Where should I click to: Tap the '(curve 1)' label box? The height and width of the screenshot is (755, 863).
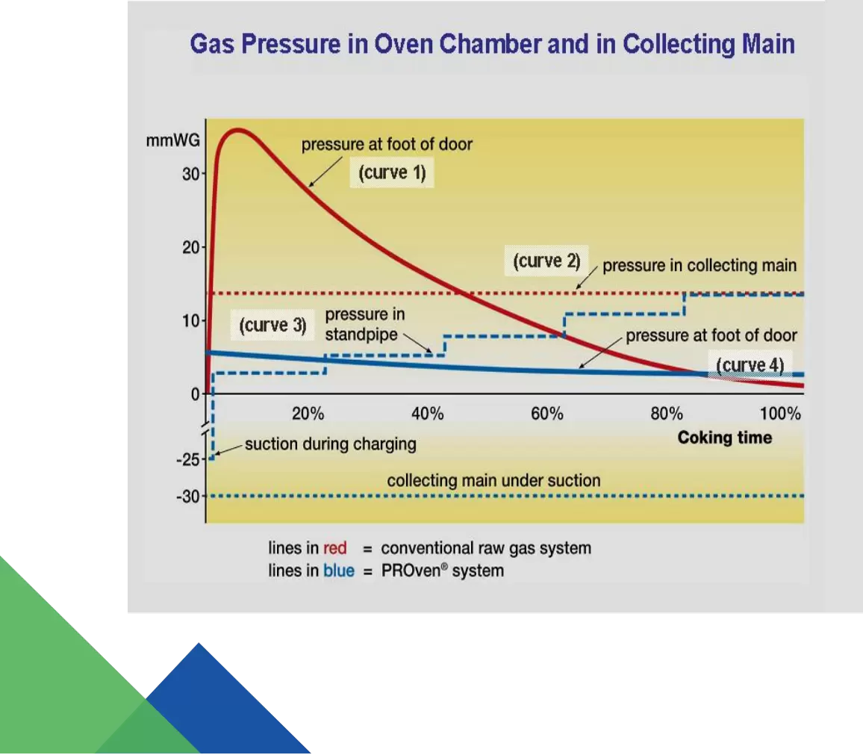tap(392, 173)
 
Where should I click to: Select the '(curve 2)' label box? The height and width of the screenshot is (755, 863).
tap(546, 261)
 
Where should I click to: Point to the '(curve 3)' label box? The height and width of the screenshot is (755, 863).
tap(272, 325)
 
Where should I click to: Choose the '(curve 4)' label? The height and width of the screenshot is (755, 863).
tap(750, 365)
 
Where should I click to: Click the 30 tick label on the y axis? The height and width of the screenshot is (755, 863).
tap(191, 174)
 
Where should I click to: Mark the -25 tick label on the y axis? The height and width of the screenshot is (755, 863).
tap(188, 459)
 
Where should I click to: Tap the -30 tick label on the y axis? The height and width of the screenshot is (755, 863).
tap(188, 496)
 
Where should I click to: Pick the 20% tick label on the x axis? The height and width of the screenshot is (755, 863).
tap(308, 414)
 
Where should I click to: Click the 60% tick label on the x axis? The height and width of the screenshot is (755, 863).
tap(547, 414)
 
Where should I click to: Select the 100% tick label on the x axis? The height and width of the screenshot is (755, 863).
tap(780, 414)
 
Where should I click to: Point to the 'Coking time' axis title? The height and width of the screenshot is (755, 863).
tap(725, 438)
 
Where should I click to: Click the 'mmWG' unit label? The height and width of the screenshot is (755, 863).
tap(172, 141)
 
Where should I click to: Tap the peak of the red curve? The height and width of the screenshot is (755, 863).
tap(237, 131)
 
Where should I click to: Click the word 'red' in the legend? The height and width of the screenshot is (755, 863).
tap(334, 548)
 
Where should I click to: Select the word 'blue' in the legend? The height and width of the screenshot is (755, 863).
tap(338, 571)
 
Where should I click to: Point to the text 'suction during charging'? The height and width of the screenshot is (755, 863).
tap(330, 444)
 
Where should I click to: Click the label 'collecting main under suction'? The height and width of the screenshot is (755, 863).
tap(493, 481)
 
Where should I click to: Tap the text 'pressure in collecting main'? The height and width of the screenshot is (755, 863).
tap(700, 265)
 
